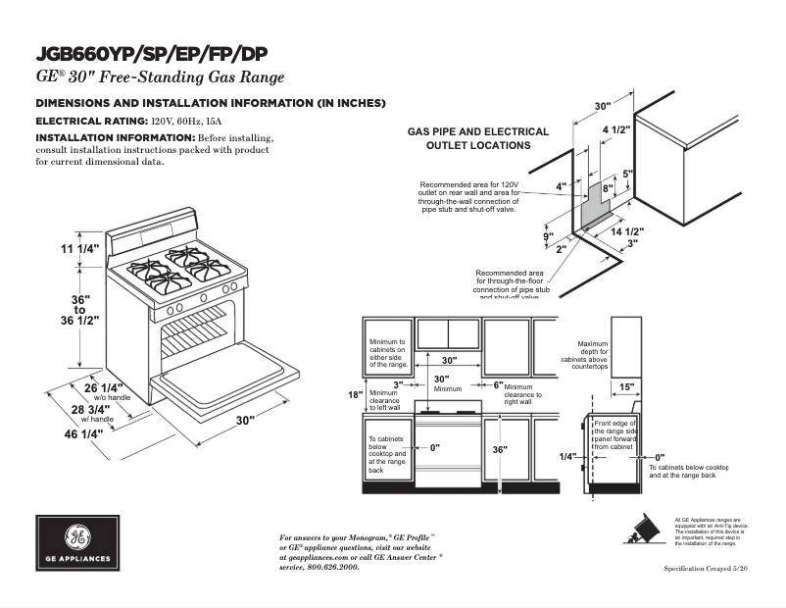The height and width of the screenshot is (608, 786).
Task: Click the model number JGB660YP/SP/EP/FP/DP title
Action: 152,53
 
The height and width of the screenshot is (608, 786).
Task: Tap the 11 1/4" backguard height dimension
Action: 80,249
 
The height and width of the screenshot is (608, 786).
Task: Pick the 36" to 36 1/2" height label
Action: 81,309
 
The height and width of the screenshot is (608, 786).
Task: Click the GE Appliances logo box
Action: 77,543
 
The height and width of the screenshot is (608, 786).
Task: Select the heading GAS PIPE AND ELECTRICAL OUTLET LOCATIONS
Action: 478,138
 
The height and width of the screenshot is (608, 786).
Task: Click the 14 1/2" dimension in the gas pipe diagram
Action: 627,231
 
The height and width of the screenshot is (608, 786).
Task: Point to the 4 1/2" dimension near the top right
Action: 615,129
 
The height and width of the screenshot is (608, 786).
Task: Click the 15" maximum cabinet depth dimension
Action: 627,386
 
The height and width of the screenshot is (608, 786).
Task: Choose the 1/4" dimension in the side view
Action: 567,457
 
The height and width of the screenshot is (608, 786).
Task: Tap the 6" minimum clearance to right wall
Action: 498,385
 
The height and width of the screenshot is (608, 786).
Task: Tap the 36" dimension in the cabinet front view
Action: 499,450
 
